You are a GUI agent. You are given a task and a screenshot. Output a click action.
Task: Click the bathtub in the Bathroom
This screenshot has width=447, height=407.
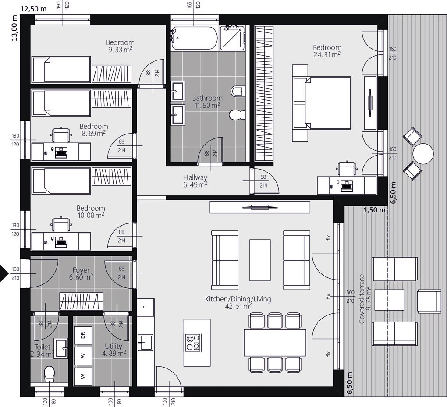[x=195, y=38]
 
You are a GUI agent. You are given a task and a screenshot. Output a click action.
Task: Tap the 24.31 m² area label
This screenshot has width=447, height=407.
[x=327, y=55]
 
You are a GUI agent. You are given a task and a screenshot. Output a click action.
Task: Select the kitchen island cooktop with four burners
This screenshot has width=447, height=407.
[x=193, y=343]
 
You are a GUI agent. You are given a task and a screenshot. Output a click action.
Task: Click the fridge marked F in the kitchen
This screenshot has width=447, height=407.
[x=145, y=307]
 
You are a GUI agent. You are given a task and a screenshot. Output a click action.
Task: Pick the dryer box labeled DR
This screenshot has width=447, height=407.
[x=83, y=335]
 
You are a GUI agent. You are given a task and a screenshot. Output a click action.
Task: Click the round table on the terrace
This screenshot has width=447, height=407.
[x=423, y=153]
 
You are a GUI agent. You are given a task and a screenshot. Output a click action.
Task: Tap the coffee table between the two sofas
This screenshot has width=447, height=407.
[x=260, y=260]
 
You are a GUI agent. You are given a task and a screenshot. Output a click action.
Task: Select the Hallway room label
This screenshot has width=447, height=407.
[x=195, y=177]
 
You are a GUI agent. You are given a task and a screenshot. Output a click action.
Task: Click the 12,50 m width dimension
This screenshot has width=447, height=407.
[x=33, y=9]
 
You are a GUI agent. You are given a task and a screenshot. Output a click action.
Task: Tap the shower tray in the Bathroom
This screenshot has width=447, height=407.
[x=232, y=38]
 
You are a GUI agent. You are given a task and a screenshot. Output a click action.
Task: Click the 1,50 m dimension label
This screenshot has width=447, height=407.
[x=374, y=210]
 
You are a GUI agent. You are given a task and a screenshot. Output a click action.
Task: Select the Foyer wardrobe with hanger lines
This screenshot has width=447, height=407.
[x=81, y=301]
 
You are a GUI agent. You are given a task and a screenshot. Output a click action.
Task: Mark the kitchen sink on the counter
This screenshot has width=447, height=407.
[x=145, y=342]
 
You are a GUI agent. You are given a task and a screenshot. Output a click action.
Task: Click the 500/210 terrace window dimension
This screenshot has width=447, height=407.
[x=350, y=297]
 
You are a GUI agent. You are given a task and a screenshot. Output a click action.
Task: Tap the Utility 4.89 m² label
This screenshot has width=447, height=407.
[x=114, y=350]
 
